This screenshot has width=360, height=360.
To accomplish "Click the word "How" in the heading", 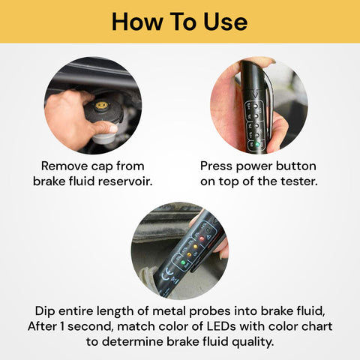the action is tap(137, 22).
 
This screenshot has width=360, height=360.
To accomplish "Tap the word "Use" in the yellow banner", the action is tap(225, 22).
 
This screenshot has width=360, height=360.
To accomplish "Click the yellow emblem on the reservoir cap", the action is tap(101, 105).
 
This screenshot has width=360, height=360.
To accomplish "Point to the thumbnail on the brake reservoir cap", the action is tap(113, 129).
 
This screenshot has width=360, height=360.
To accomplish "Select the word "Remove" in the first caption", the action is tap(64, 166).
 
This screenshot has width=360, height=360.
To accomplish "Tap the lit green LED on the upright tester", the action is tap(256, 144).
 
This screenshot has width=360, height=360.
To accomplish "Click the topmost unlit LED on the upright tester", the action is tap(255, 106).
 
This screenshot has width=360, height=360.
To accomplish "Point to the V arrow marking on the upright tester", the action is tap(255, 94).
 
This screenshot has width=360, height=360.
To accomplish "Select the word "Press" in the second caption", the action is tap(216, 166).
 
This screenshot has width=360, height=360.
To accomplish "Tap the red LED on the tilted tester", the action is tap(202, 238).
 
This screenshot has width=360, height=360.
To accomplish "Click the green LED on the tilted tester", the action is tap(183, 262).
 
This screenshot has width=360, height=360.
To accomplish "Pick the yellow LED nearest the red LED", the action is tap(195, 247).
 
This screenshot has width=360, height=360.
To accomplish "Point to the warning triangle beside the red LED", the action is tap(209, 236).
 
